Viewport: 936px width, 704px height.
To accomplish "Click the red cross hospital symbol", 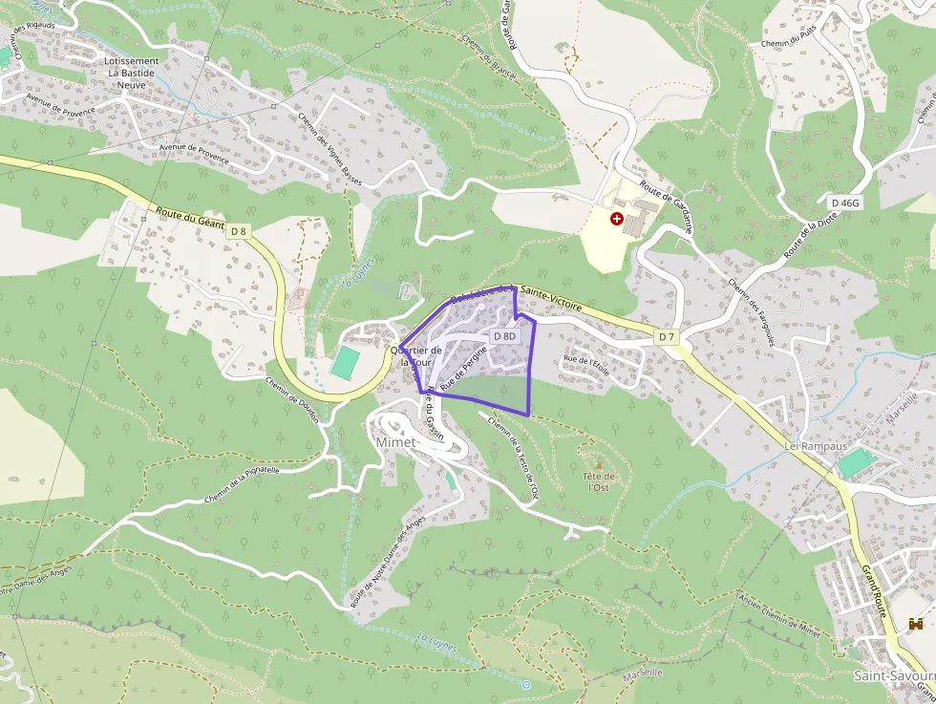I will pyautogui.click(x=617, y=219).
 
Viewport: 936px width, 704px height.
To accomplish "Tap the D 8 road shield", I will pyautogui.click(x=239, y=231).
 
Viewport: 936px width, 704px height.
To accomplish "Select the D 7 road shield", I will pyautogui.click(x=666, y=337).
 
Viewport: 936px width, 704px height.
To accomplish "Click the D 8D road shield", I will pyautogui.click(x=504, y=336).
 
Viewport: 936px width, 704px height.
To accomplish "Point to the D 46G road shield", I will pyautogui.click(x=846, y=203).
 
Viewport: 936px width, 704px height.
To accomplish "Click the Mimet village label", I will pyautogui.click(x=396, y=443).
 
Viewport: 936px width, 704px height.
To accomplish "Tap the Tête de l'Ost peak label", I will pyautogui.click(x=599, y=481).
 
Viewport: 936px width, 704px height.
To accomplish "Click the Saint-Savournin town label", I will pyautogui.click(x=893, y=675).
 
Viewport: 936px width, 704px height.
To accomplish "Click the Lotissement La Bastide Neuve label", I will pyautogui.click(x=133, y=73).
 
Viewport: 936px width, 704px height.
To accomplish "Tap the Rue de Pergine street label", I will pyautogui.click(x=465, y=364).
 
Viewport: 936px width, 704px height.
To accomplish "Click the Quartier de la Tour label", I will pyautogui.click(x=416, y=356).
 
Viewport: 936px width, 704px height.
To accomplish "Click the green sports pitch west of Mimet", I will pyautogui.click(x=346, y=362).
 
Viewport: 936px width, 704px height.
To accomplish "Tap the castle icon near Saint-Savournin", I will pyautogui.click(x=916, y=624).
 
